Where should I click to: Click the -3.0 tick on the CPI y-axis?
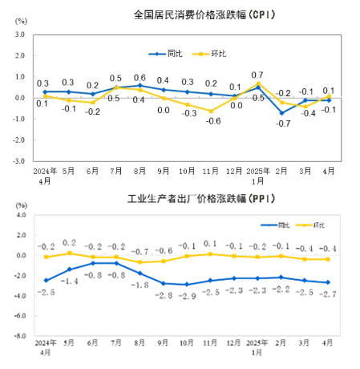coord(18,160)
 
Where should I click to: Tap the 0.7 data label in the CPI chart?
coord(257,75)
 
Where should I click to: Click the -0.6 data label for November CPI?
coord(212,121)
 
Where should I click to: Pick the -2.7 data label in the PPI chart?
coord(328,294)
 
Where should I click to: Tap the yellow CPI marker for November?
coord(212,111)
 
